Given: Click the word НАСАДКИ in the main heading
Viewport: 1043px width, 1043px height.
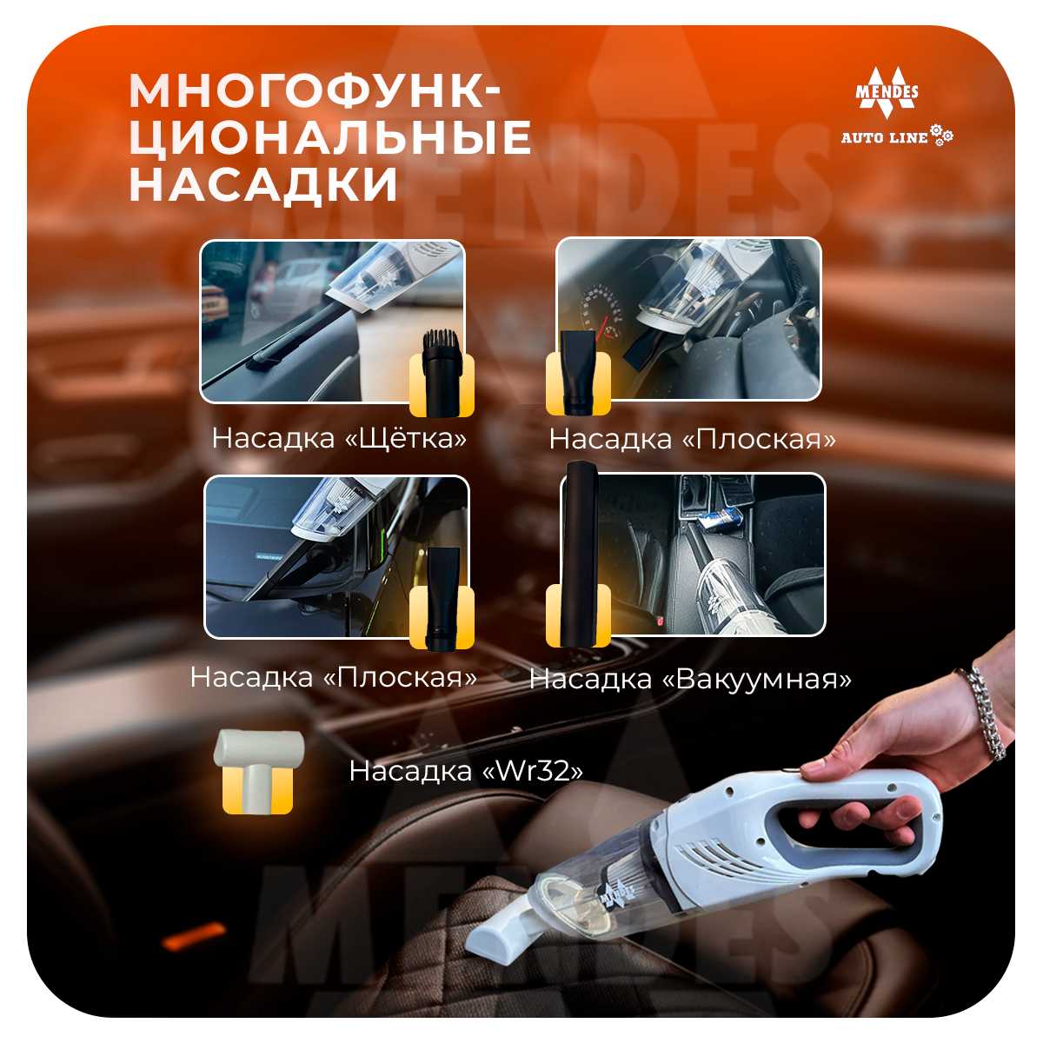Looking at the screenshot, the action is tap(264, 185).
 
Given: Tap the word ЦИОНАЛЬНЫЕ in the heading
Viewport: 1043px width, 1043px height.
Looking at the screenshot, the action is tap(330, 137).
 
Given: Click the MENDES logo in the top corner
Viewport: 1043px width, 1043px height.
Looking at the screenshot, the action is tap(887, 92).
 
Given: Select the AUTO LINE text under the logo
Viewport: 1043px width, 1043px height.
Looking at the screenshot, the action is tap(884, 137).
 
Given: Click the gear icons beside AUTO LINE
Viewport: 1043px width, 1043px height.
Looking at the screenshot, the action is tap(942, 134).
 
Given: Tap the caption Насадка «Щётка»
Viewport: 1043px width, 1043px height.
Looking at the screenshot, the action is tap(339, 438).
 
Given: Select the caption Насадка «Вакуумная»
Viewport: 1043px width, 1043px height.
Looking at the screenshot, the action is tap(690, 679).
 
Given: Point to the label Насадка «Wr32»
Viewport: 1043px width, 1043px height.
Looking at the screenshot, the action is tap(466, 770).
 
